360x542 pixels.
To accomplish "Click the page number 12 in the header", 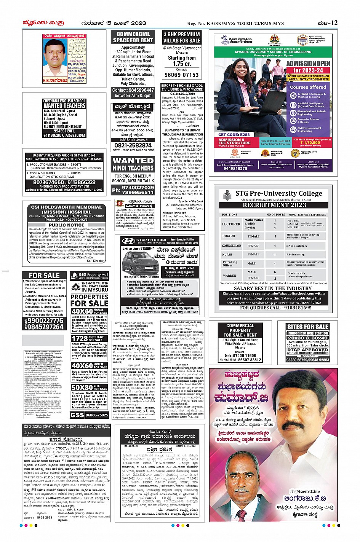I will [x=334, y=23].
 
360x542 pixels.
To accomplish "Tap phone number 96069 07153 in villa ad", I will [x=182, y=75].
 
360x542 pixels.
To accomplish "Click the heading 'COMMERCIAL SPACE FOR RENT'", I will [x=133, y=37].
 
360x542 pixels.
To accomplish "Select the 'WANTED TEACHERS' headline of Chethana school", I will [x=64, y=105].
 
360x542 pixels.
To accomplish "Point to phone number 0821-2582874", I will [x=133, y=145].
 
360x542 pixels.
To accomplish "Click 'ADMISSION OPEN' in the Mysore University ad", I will [x=308, y=64].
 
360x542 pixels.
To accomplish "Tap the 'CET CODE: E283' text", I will [x=234, y=135].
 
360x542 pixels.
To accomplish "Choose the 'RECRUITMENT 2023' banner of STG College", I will [x=274, y=205].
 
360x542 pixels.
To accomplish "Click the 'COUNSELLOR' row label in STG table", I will [x=232, y=246].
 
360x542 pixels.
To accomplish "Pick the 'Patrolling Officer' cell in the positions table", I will [x=230, y=263].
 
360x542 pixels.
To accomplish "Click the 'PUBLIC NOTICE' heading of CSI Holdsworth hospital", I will [x=67, y=225].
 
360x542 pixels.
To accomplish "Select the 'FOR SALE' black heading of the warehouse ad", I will [x=45, y=276].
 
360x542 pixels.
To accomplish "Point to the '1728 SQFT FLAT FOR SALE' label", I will [x=90, y=338].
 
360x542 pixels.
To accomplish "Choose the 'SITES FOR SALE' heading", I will [x=307, y=327].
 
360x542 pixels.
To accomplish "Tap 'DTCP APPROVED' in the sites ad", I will [x=307, y=349].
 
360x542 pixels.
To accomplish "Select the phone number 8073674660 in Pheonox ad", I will [x=48, y=182].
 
